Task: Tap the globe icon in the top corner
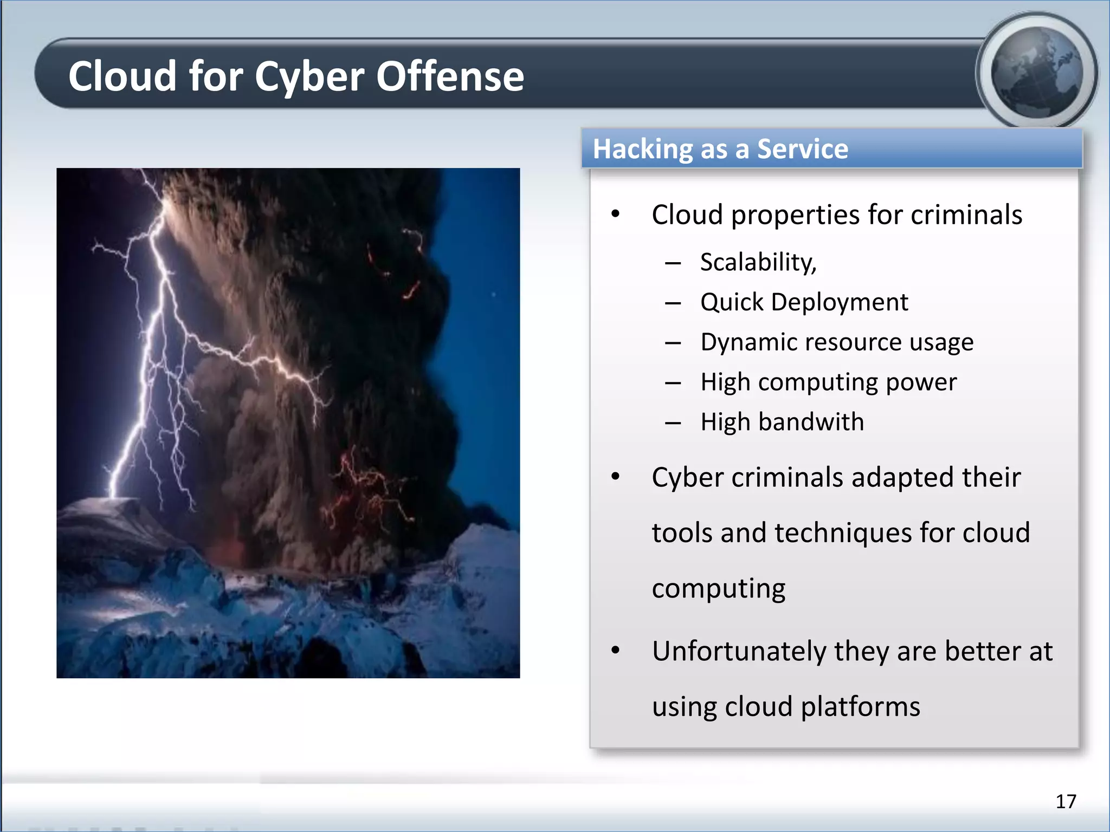click(1037, 72)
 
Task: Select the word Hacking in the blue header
click(643, 149)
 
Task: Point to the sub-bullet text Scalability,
click(758, 263)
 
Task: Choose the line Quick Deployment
click(804, 302)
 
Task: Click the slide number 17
click(1066, 801)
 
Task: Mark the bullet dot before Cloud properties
click(615, 214)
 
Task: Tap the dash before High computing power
click(673, 383)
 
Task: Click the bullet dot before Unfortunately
click(615, 650)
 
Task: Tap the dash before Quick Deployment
click(673, 303)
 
